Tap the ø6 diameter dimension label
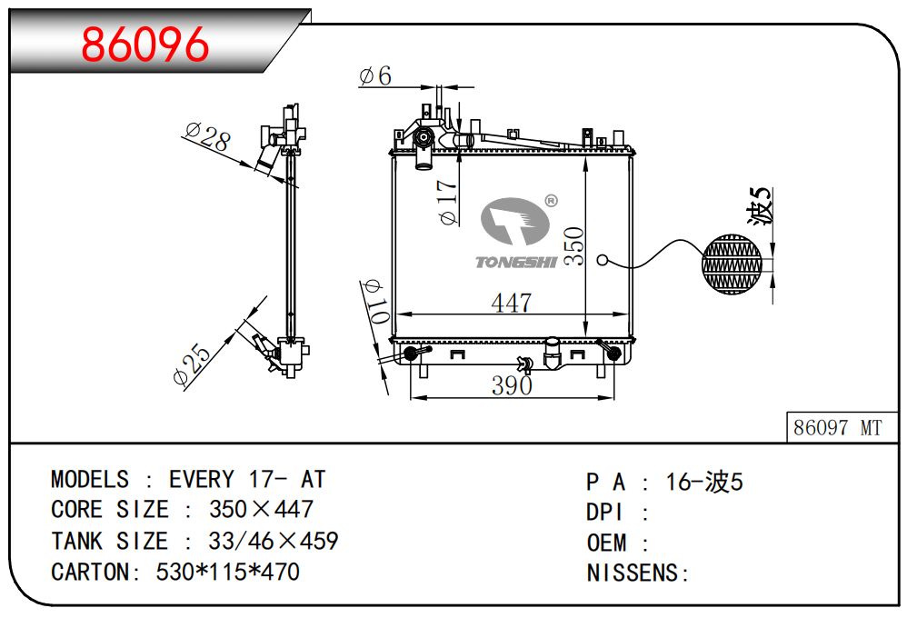point(375,75)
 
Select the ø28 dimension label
point(207,138)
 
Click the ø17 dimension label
point(447,203)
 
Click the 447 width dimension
point(511,303)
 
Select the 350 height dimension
point(573,246)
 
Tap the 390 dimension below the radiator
point(512,385)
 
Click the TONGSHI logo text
point(515,263)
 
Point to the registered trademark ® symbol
point(551,201)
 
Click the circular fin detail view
point(734,264)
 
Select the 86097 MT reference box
point(837,427)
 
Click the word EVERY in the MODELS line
point(202,479)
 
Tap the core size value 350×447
point(261,509)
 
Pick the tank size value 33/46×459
point(273,541)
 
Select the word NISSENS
point(633,573)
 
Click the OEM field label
point(606,543)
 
